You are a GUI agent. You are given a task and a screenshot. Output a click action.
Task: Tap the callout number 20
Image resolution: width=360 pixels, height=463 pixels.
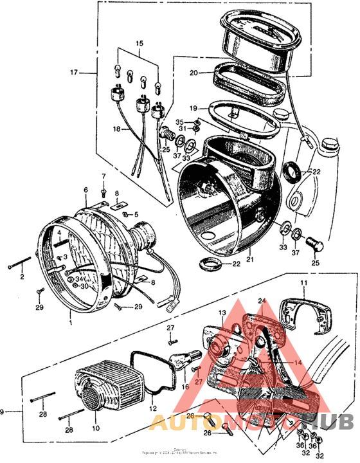194,73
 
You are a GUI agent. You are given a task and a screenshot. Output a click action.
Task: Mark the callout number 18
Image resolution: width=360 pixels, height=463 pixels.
117,129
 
